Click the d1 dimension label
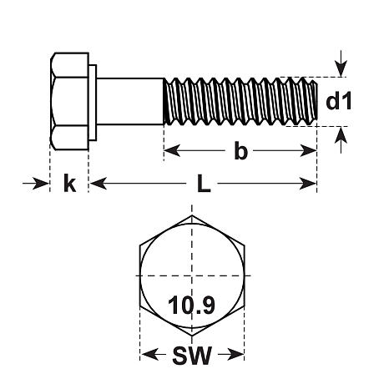pos(339,102)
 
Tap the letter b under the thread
pos(240,150)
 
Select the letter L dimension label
pos(204,184)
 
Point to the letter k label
pos(69,183)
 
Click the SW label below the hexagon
pos(192,355)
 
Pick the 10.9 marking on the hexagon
pos(191,305)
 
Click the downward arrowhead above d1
pos(341,68)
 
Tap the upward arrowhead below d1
pos(341,135)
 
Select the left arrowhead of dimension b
pos(172,150)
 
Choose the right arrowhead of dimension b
pos(309,150)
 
